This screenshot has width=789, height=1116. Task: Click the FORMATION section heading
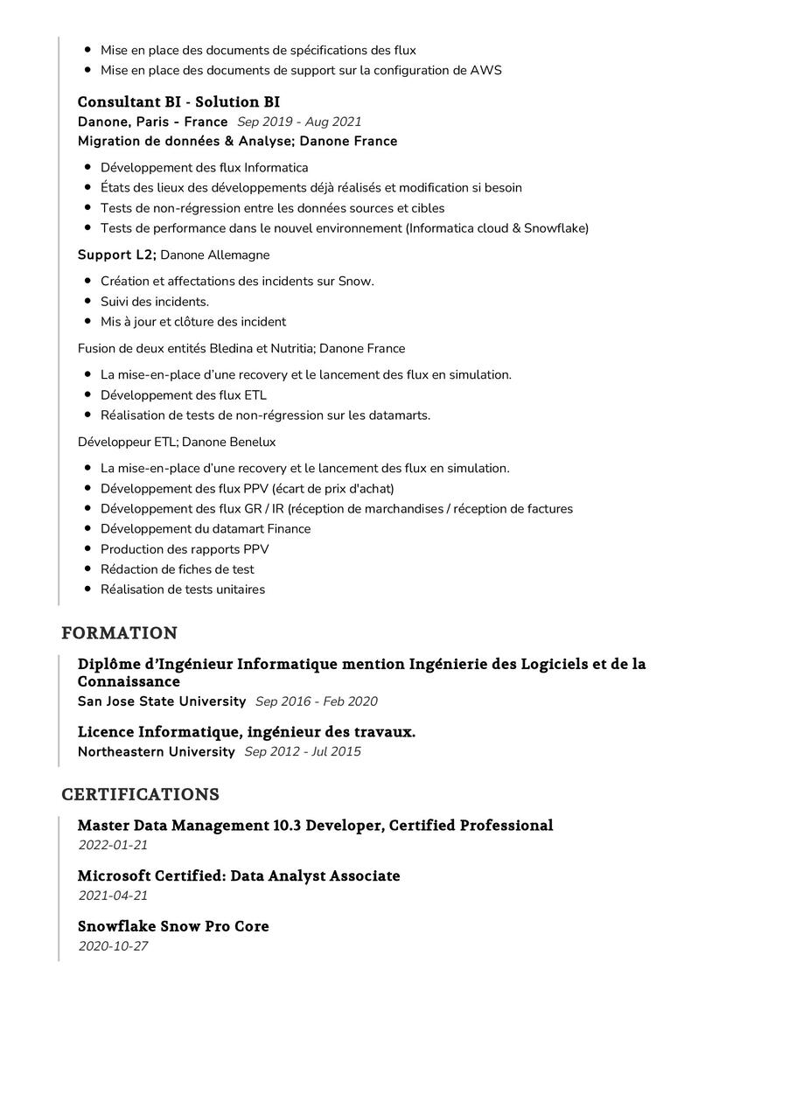[119, 633]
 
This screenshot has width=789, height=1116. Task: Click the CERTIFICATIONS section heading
[140, 795]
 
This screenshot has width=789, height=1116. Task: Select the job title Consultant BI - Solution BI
[178, 102]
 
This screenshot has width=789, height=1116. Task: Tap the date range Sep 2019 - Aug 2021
[299, 122]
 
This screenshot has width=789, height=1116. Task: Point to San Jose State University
[162, 701]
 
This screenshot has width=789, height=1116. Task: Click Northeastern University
[157, 752]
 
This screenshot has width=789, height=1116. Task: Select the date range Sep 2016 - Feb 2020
[317, 701]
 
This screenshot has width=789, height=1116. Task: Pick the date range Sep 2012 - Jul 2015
[303, 752]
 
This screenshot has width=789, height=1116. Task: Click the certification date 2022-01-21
[113, 846]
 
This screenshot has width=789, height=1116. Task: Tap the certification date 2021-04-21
[113, 896]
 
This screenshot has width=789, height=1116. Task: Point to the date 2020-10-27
[113, 946]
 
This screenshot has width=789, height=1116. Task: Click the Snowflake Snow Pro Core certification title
[173, 926]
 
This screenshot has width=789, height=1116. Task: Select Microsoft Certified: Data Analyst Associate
[239, 876]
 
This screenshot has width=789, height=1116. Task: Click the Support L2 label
[116, 255]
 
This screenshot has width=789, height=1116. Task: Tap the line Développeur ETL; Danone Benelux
[177, 443]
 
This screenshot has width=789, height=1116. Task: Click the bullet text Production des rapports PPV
[185, 549]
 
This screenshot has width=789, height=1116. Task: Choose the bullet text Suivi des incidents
[155, 302]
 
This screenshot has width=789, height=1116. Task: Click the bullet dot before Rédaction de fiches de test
[88, 569]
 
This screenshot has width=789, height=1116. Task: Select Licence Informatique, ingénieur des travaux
[247, 732]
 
